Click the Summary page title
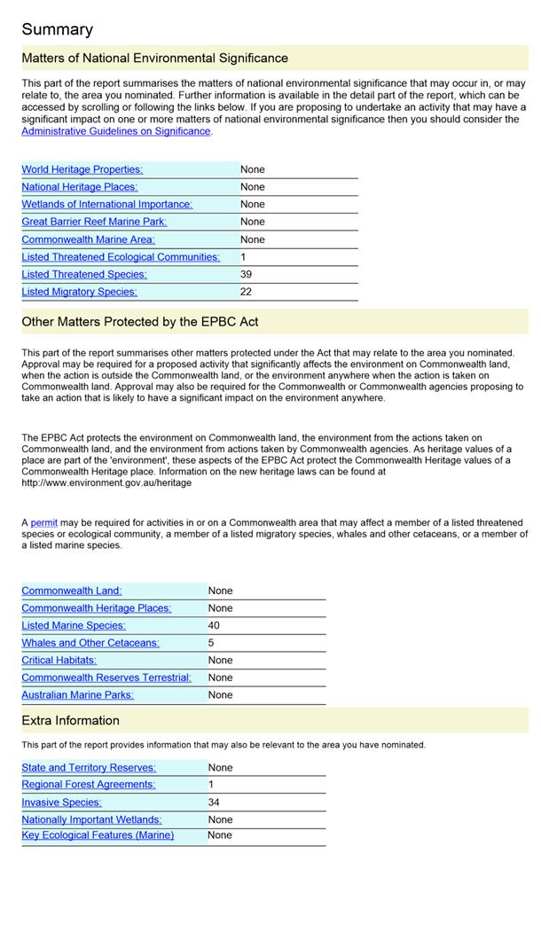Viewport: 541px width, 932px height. point(57,30)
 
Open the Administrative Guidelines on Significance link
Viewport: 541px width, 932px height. point(116,131)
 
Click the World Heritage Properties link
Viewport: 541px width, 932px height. point(82,169)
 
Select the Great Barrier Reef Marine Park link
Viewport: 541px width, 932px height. point(94,222)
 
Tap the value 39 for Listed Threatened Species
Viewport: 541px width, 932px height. point(247,274)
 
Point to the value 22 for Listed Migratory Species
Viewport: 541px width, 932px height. point(247,292)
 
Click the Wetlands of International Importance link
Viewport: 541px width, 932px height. point(106,204)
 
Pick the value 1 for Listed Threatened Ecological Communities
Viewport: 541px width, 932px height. point(243,256)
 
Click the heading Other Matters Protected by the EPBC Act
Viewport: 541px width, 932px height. point(140,322)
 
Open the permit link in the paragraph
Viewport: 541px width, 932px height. point(43,523)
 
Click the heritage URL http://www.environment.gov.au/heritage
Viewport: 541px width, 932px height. point(106,483)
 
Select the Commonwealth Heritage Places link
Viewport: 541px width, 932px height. point(96,608)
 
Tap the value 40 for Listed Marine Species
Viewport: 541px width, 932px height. point(214,625)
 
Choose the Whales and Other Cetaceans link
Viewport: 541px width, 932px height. point(90,643)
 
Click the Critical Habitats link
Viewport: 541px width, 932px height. point(59,660)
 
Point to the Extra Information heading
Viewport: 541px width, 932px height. point(70,721)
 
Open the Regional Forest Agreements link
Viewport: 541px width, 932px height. point(88,785)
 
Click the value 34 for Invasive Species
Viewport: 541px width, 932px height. point(214,803)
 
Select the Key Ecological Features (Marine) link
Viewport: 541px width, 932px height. point(98,835)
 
